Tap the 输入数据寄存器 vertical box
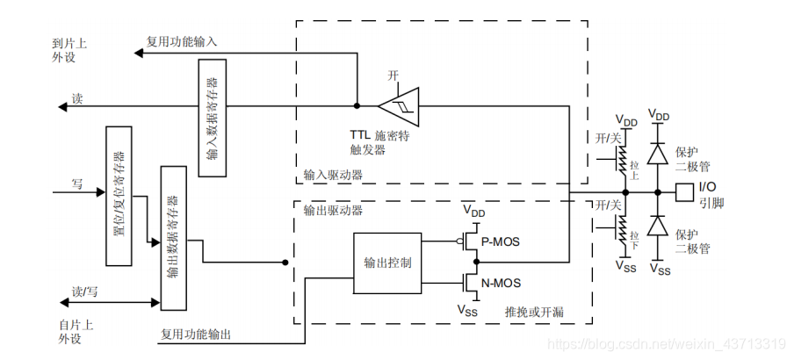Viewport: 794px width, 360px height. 213,118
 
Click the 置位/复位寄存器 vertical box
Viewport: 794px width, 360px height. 118,195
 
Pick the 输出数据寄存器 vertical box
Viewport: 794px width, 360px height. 173,237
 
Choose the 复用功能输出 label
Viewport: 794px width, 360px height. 195,335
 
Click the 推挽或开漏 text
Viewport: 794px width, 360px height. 533,312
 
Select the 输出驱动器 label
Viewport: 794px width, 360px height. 333,211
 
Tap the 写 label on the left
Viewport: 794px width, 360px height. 76,184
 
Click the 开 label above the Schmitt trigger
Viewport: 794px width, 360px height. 393,76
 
